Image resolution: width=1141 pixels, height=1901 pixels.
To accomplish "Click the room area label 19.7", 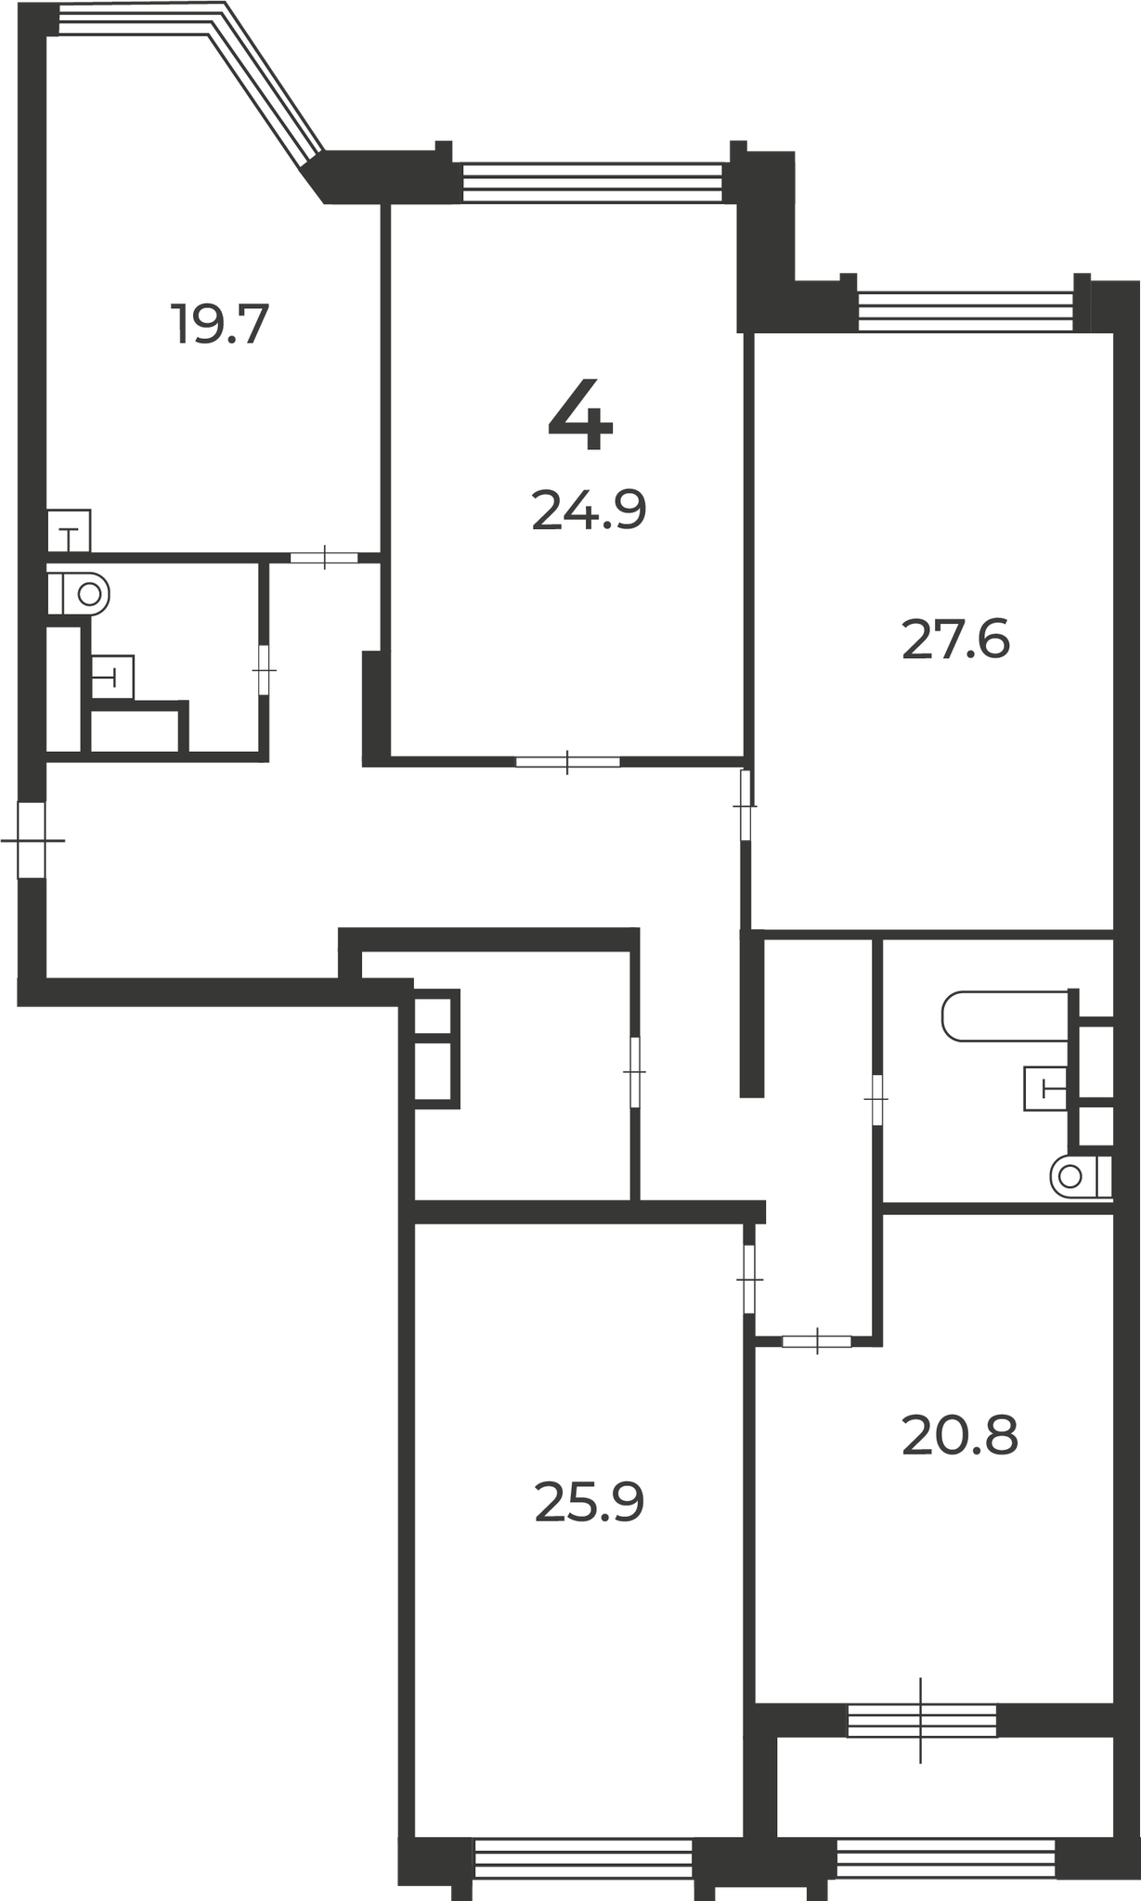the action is (x=220, y=325).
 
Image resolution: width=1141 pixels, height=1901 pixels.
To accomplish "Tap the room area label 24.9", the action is (x=589, y=511).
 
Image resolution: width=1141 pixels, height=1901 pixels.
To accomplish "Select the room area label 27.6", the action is (x=955, y=640).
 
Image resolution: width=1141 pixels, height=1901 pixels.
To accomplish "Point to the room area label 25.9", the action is (x=589, y=1503).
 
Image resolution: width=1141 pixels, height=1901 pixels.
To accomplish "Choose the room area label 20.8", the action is (x=960, y=1436).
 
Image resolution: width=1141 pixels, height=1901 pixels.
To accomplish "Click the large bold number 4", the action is (x=580, y=415).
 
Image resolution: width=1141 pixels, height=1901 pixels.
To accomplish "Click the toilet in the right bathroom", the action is (x=1081, y=1177).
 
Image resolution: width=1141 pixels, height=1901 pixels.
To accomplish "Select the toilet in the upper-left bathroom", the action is (x=78, y=593).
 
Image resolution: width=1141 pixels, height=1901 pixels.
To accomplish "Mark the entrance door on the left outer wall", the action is (x=32, y=839).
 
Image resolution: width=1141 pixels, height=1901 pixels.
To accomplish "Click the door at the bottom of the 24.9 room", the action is (x=567, y=762).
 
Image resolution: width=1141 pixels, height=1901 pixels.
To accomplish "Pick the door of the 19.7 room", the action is (x=324, y=557).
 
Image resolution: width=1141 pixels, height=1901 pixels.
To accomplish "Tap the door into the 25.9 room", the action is (x=749, y=1279).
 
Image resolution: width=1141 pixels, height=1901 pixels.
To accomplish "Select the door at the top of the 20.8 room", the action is (x=817, y=1340).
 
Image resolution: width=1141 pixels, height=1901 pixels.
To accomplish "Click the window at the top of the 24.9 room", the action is (x=592, y=182).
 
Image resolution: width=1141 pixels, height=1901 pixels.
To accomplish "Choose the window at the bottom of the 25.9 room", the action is (x=584, y=1859).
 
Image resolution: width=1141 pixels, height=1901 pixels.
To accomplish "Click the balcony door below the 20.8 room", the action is (x=921, y=1720).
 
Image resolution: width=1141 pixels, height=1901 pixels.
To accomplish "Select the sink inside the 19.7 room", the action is (x=69, y=530).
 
